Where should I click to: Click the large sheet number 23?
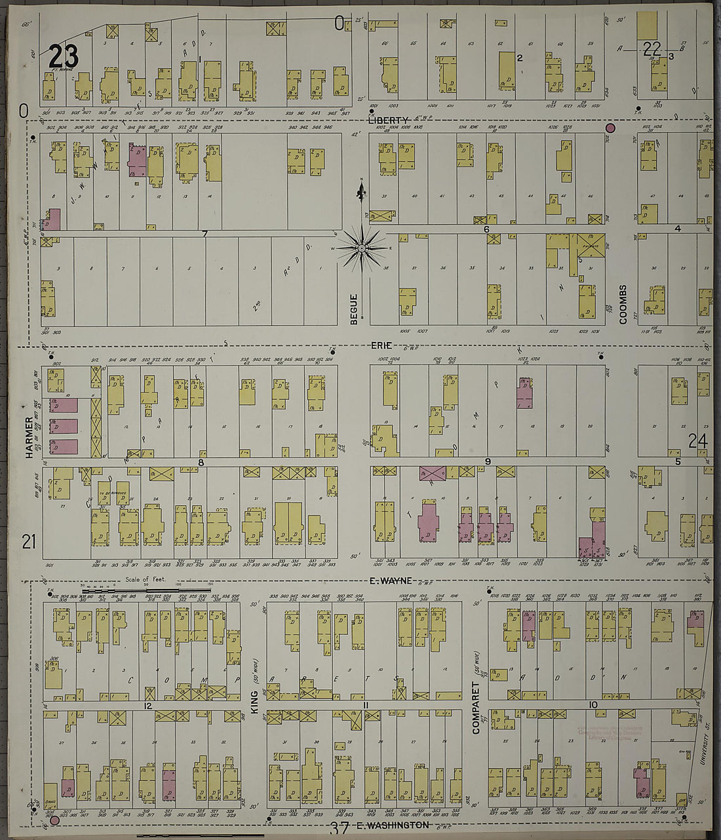point(64,55)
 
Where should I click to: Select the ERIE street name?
point(381,345)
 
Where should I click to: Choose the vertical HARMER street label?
point(29,436)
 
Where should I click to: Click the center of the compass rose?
point(361,248)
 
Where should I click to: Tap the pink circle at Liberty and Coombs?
point(611,128)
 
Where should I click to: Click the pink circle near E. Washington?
point(55,820)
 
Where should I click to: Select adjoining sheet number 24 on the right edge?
point(697,442)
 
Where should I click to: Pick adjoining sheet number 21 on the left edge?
point(28,542)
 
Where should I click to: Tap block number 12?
point(148,706)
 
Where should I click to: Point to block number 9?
point(488,461)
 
